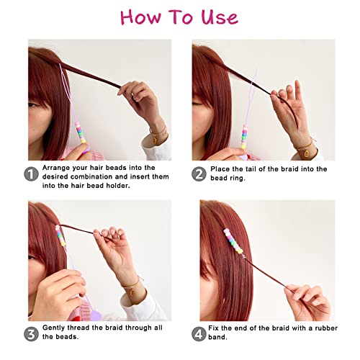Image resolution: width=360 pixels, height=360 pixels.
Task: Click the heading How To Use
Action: [x=179, y=17]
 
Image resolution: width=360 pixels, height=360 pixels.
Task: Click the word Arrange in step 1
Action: [x=60, y=168]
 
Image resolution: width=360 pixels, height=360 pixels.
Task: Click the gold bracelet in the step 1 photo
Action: [x=158, y=133]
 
